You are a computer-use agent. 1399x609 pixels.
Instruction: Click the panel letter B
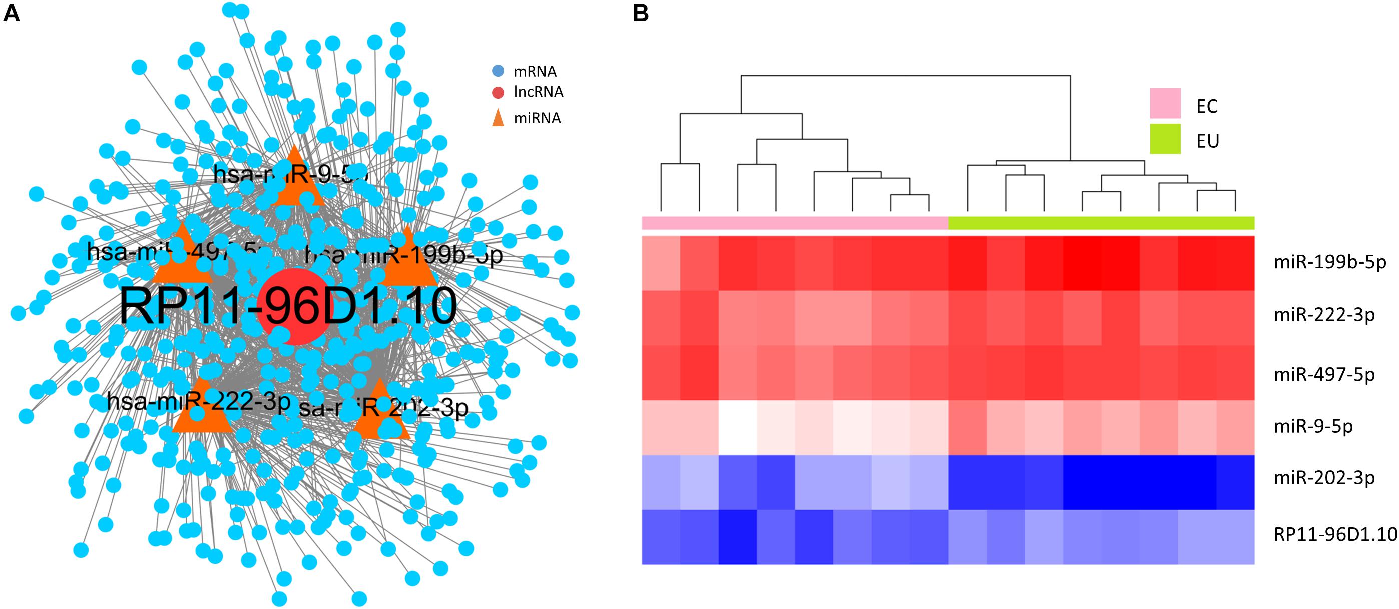point(641,14)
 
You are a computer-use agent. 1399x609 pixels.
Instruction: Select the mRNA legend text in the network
point(535,71)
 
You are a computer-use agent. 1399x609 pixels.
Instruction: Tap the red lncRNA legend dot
point(498,92)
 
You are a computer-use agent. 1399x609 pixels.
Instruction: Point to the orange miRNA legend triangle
point(498,118)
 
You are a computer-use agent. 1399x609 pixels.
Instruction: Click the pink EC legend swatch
point(1165,103)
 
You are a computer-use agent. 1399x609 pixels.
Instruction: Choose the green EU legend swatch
point(1165,139)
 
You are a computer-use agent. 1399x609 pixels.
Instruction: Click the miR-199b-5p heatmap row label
point(1329,263)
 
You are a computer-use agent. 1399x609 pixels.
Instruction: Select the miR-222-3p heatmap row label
point(1324,315)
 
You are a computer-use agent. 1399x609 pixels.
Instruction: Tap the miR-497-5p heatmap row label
point(1324,374)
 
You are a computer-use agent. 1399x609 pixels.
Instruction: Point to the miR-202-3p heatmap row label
point(1324,478)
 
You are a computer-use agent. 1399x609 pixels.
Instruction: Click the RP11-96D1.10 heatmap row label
point(1335,534)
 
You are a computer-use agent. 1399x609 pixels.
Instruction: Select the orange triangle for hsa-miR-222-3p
point(202,410)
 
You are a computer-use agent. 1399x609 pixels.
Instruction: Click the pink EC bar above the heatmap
point(794,223)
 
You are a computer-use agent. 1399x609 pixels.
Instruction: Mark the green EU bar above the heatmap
point(1101,223)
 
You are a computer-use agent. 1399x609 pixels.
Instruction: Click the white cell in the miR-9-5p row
point(737,427)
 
